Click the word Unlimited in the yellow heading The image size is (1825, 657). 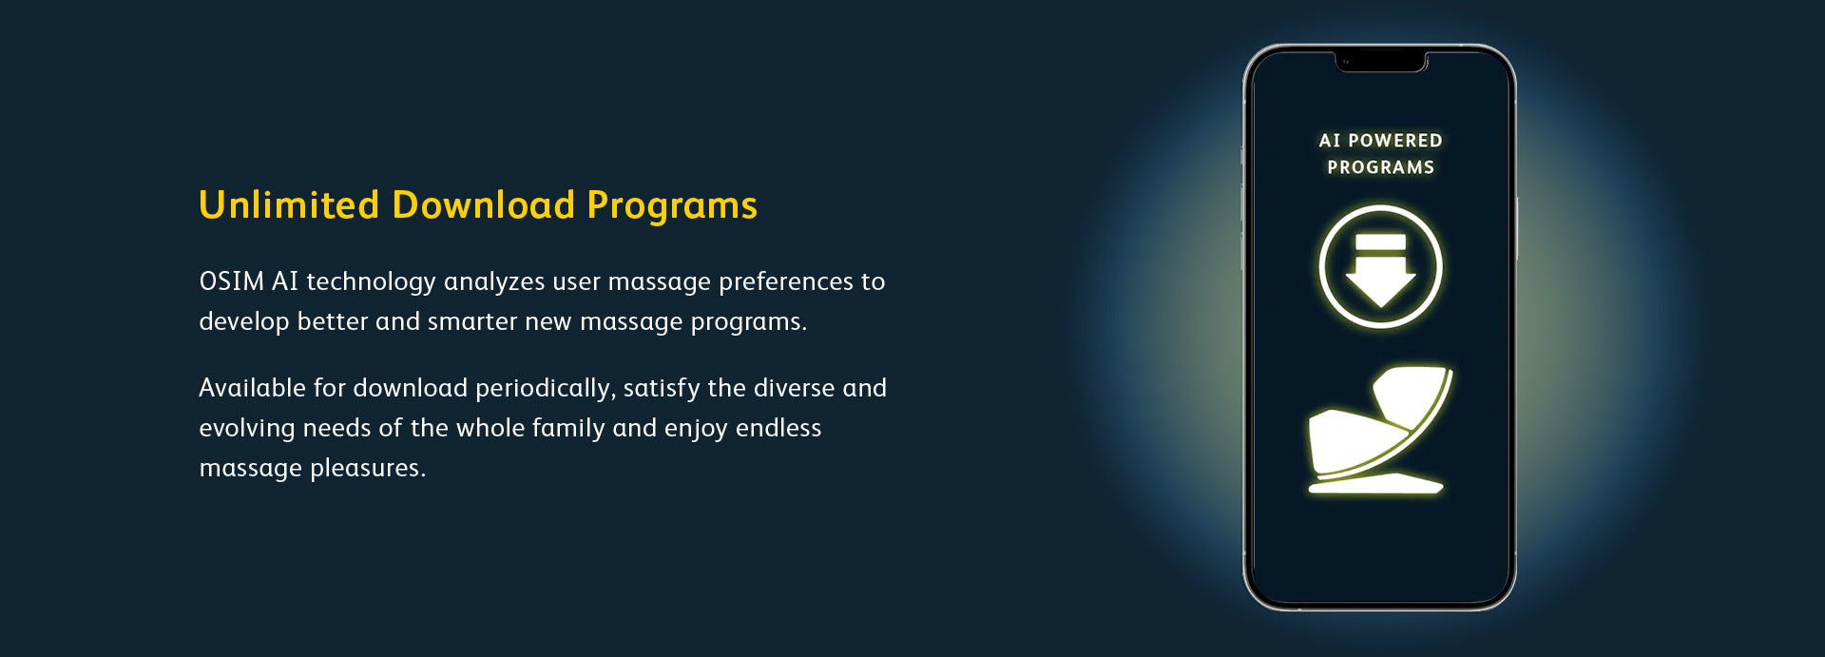289,205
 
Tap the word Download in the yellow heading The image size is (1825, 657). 484,205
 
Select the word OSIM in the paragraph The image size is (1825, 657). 232,281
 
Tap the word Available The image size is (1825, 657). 252,388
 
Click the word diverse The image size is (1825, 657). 794,388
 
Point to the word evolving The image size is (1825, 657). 247,429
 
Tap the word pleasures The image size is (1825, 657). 368,469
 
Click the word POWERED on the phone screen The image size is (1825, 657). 1394,141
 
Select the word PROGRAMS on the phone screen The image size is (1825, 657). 1381,167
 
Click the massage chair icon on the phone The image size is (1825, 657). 1380,430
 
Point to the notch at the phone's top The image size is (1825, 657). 1380,63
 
